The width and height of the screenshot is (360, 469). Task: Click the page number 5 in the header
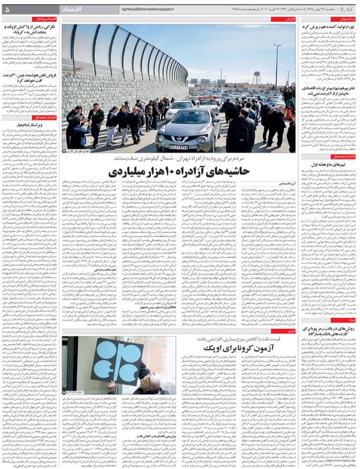tap(7, 9)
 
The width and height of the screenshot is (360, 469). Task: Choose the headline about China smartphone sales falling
tap(34, 77)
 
